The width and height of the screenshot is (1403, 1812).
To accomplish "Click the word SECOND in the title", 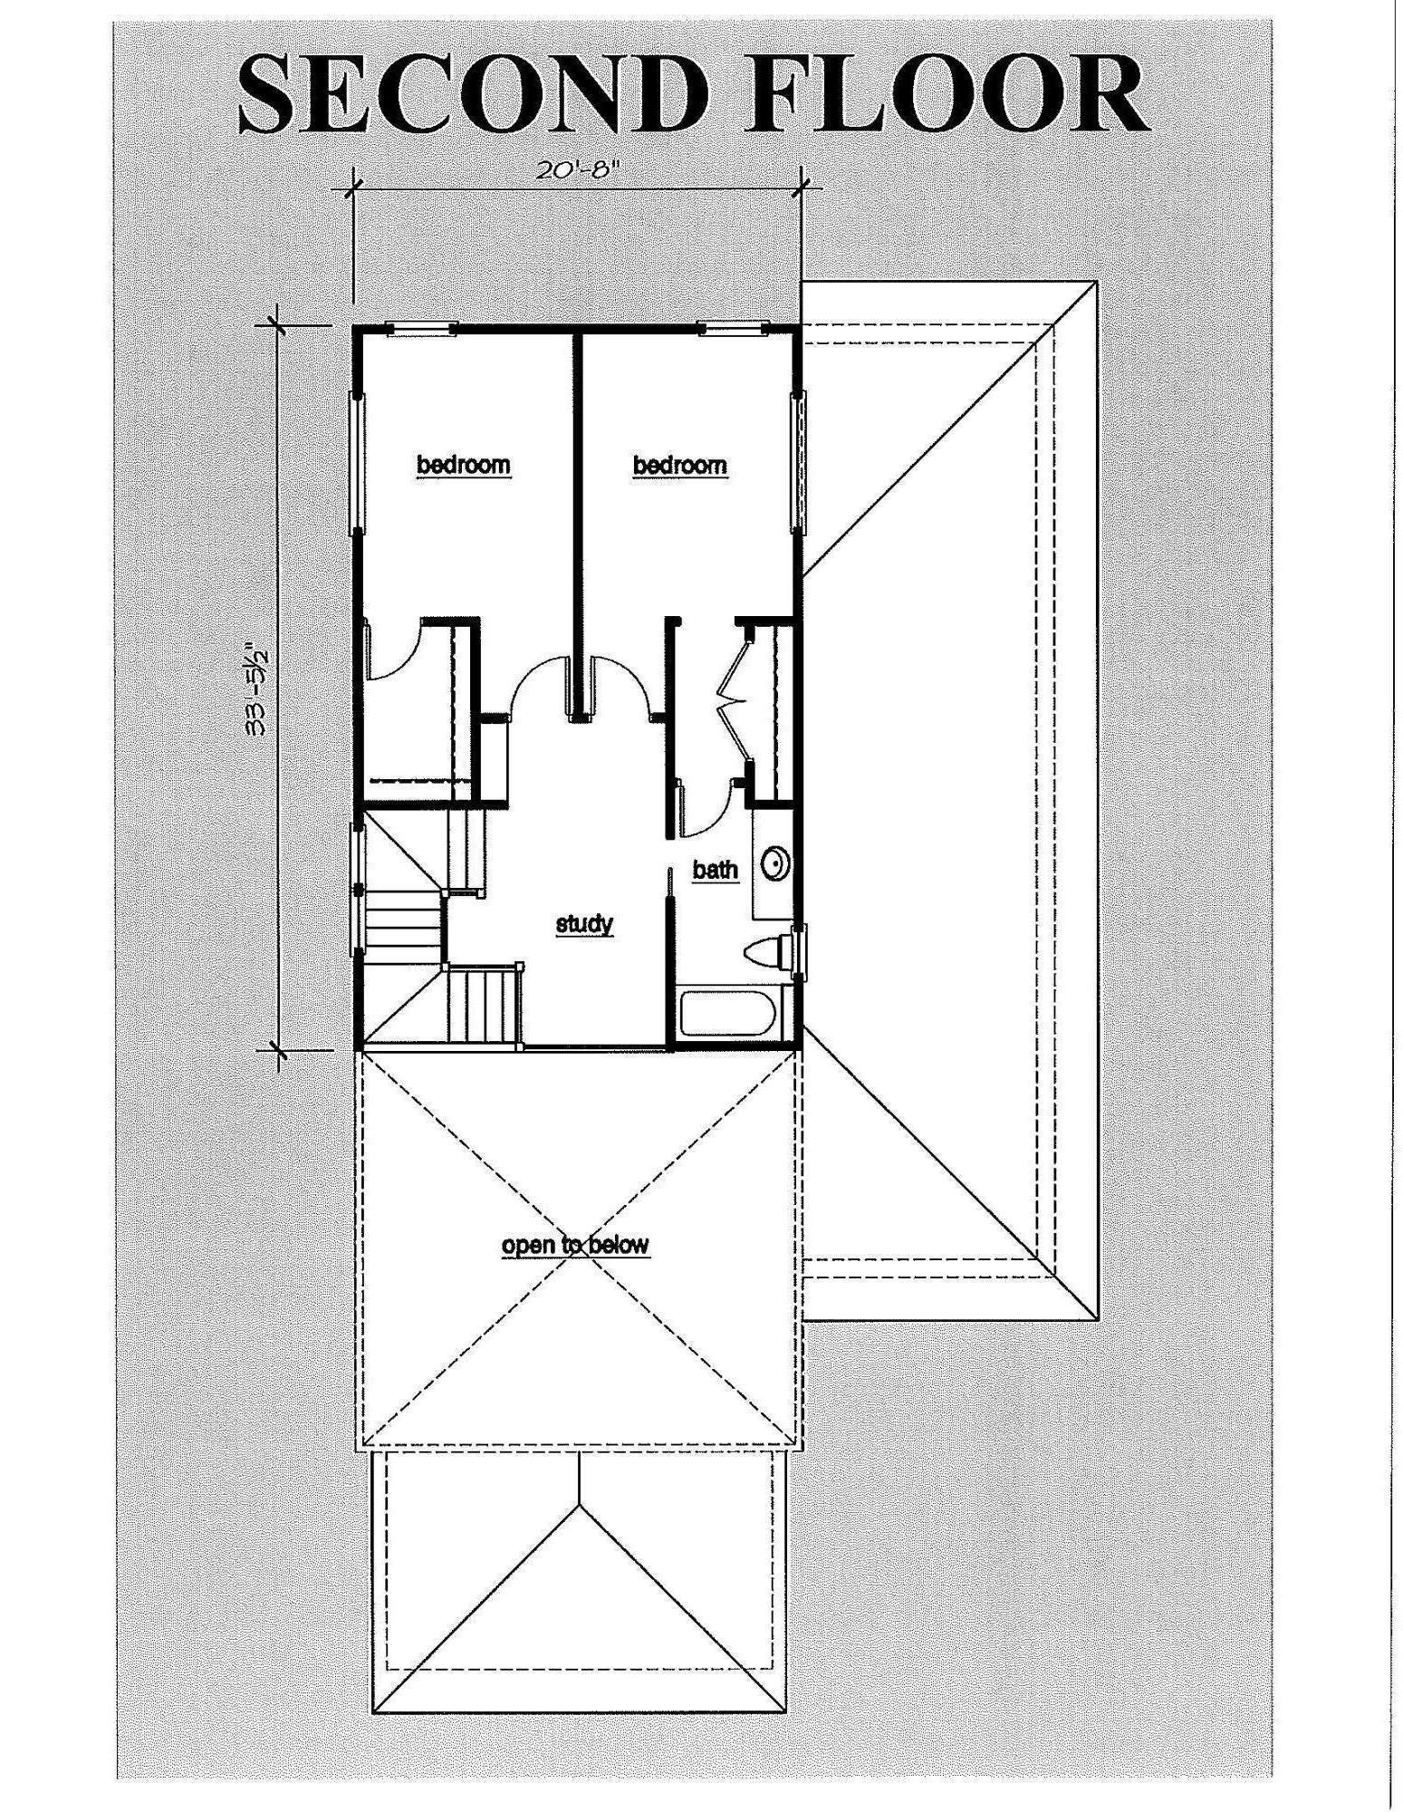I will (x=471, y=93).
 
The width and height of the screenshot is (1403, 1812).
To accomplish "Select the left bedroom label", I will (x=463, y=465).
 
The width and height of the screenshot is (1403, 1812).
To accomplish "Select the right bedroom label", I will (x=679, y=465).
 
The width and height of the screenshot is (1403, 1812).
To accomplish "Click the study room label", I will (x=584, y=924).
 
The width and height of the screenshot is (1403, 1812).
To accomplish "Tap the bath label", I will (x=716, y=870).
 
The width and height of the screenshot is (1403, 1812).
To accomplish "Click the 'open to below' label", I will (x=575, y=1244).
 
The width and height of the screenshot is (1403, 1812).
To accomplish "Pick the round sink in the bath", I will (x=776, y=863).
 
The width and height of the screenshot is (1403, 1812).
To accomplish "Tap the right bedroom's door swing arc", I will (x=620, y=684).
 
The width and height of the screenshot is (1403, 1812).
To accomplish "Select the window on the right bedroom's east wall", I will (x=798, y=462).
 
